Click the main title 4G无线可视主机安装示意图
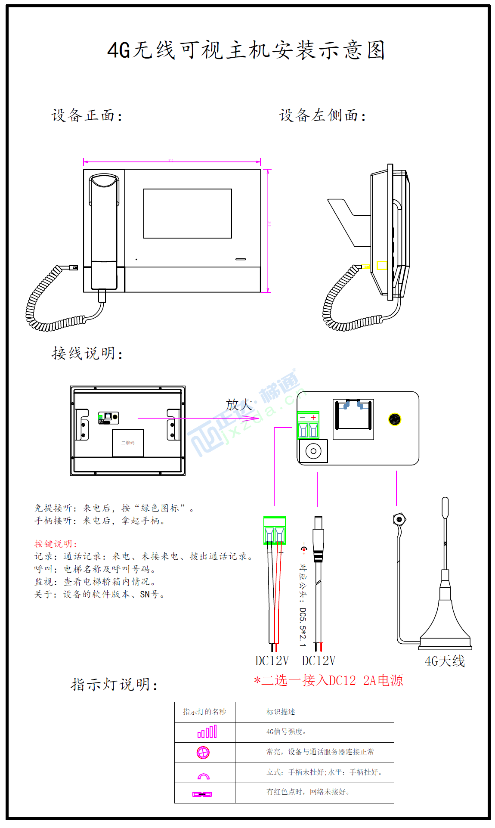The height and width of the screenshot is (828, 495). (x=246, y=50)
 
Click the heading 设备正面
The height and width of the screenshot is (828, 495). (x=87, y=115)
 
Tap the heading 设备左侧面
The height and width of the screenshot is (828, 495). (x=322, y=115)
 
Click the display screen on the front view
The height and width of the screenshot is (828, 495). (x=188, y=214)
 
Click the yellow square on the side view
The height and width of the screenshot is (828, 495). (x=382, y=265)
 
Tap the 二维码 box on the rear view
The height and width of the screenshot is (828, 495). (x=128, y=443)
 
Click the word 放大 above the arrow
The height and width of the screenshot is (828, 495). (x=239, y=404)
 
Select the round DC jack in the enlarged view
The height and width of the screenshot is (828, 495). (x=313, y=451)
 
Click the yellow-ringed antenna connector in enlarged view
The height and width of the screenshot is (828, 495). (x=395, y=419)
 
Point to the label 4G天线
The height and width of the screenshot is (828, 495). (x=445, y=661)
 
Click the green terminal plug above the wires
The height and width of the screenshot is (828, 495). (x=274, y=530)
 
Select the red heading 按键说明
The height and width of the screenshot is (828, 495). (x=56, y=544)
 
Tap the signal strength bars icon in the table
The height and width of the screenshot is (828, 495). (x=207, y=732)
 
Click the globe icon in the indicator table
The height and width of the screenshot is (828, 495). (x=203, y=752)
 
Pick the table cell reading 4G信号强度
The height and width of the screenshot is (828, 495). (x=286, y=732)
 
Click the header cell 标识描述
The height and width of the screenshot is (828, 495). (x=281, y=712)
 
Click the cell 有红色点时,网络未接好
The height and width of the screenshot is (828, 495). (x=308, y=792)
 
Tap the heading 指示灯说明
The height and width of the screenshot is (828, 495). (x=114, y=684)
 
